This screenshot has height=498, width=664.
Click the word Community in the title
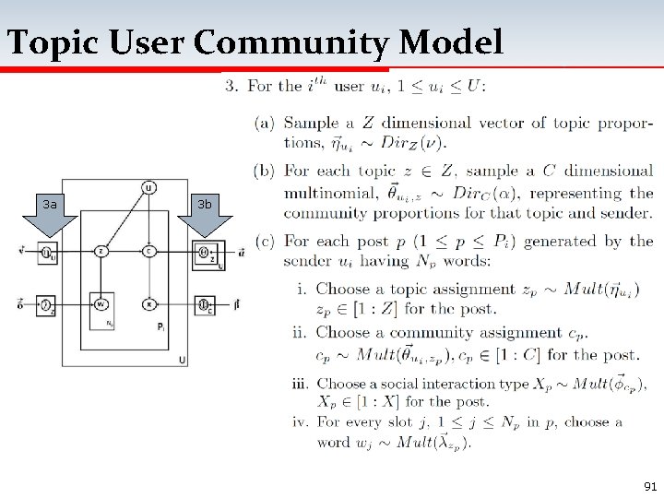click(288, 42)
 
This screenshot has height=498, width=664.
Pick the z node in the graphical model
click(101, 251)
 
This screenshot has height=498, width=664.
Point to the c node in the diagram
click(148, 251)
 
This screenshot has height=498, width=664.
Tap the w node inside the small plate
click(101, 303)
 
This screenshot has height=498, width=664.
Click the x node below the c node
click(148, 303)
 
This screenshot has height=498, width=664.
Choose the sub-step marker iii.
click(301, 383)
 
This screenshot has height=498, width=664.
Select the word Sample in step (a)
click(308, 123)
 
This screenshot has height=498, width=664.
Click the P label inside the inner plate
click(161, 328)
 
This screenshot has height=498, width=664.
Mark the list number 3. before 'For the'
click(231, 87)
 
